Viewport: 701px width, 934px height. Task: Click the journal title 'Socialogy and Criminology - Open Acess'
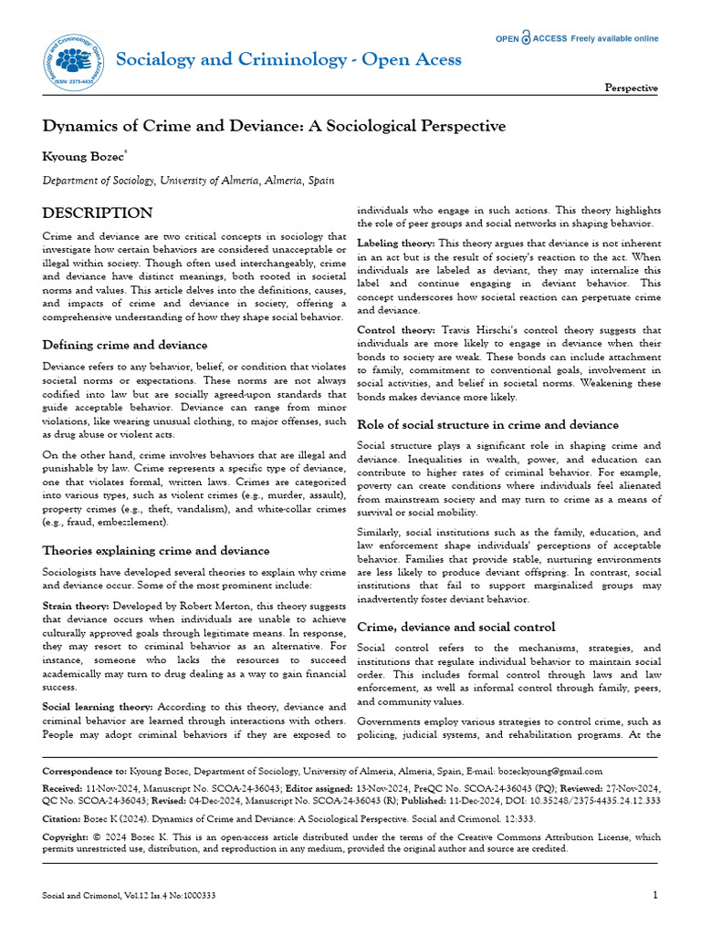[288, 59]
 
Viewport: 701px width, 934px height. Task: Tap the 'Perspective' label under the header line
[631, 88]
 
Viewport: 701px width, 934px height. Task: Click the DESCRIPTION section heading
[98, 213]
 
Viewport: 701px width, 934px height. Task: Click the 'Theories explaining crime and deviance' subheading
[156, 550]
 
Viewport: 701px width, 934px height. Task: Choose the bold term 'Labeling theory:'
[396, 244]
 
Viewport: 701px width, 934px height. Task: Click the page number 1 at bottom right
[654, 895]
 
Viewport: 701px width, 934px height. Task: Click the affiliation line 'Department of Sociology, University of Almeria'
[187, 182]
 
